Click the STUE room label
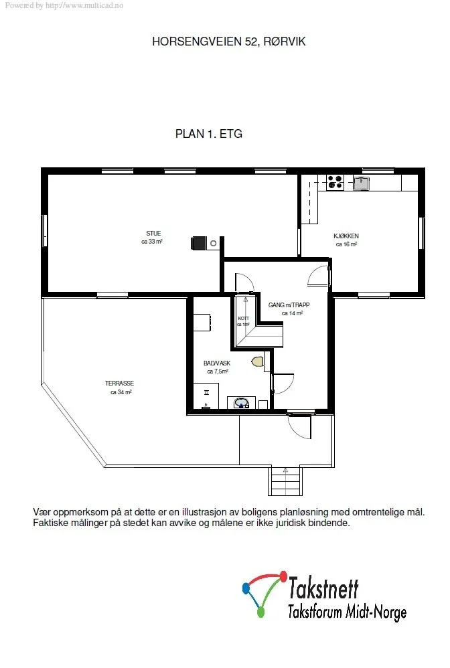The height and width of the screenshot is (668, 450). pyautogui.click(x=153, y=234)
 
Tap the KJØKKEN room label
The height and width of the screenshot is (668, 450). pyautogui.click(x=346, y=236)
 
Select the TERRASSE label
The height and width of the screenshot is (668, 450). pyautogui.click(x=119, y=384)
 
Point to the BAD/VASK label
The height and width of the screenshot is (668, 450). pyautogui.click(x=217, y=363)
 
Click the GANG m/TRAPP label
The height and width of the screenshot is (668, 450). pyautogui.click(x=289, y=305)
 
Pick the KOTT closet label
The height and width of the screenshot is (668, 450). pyautogui.click(x=243, y=319)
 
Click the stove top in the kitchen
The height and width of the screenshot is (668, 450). pyautogui.click(x=335, y=182)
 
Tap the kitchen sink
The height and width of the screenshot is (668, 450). pyautogui.click(x=362, y=183)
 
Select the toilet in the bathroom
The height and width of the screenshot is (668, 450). pyautogui.click(x=257, y=361)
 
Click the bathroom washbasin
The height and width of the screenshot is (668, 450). pyautogui.click(x=242, y=402)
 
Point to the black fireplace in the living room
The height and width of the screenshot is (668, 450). pyautogui.click(x=198, y=243)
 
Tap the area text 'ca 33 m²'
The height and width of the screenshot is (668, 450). pyautogui.click(x=152, y=242)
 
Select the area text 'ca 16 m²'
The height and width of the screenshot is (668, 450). pyautogui.click(x=346, y=244)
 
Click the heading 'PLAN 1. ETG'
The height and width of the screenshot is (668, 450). pyautogui.click(x=209, y=134)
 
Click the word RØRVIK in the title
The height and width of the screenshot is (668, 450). pyautogui.click(x=284, y=41)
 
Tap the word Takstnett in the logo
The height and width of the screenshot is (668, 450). pyautogui.click(x=323, y=588)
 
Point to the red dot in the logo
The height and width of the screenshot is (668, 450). pyautogui.click(x=282, y=576)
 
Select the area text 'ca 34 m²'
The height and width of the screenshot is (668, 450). pyautogui.click(x=121, y=392)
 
